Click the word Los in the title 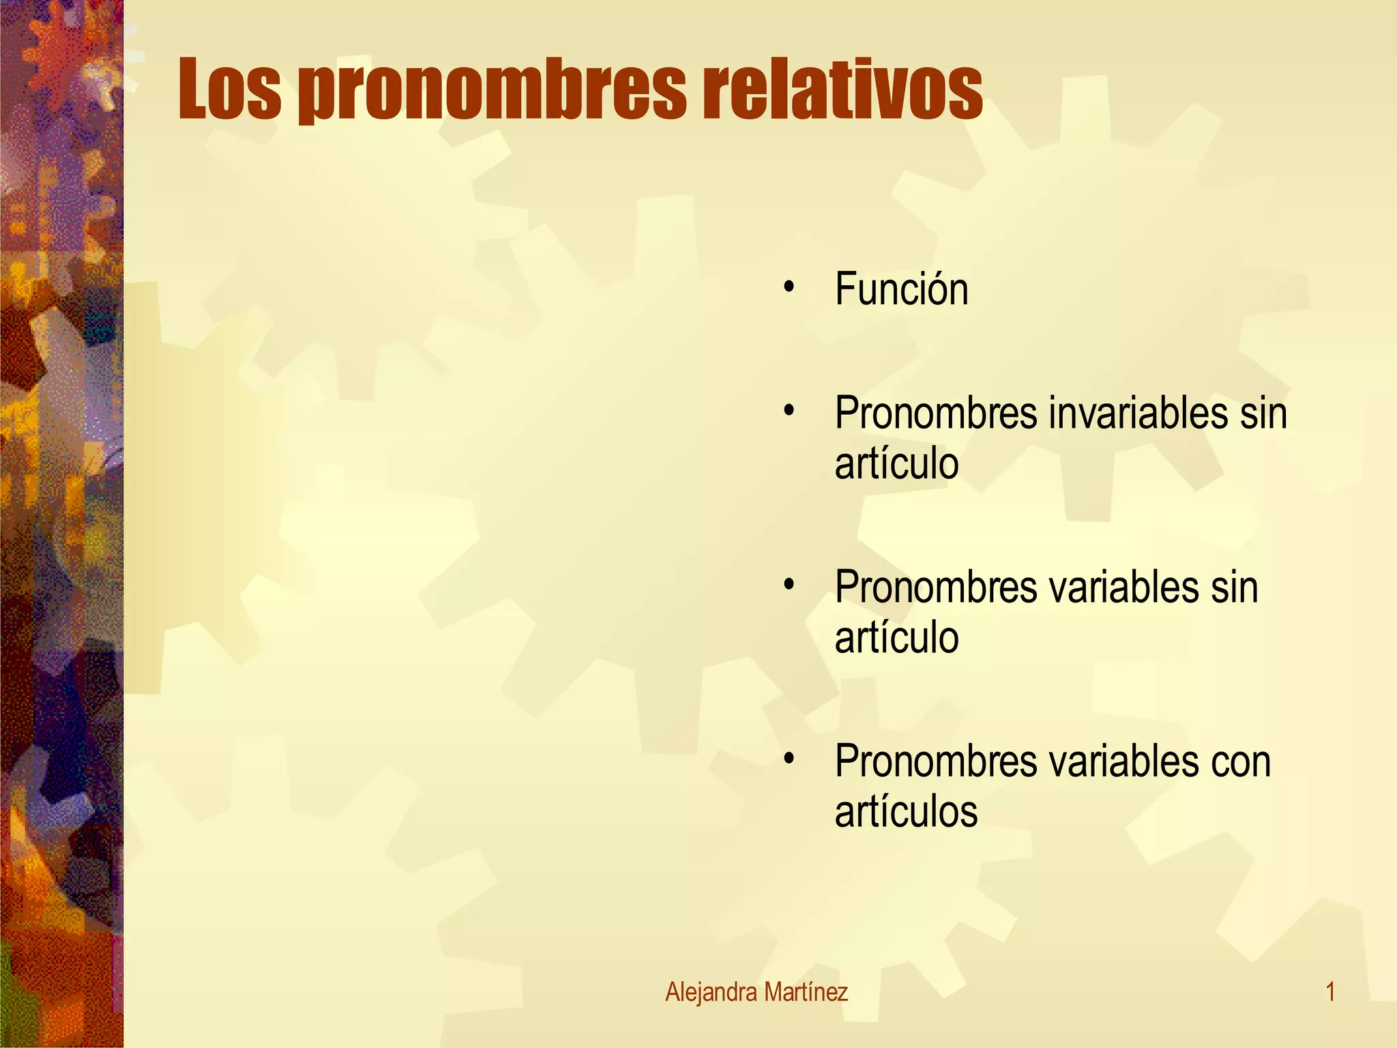pos(229,89)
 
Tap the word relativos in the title pos(842,89)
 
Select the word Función pos(901,289)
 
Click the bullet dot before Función pos(789,287)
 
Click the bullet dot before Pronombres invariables pos(789,411)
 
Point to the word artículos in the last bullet pos(906,812)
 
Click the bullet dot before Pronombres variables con pos(789,759)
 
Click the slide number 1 pos(1329,992)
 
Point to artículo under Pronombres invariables pos(896,464)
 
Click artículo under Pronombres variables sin pos(896,638)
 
